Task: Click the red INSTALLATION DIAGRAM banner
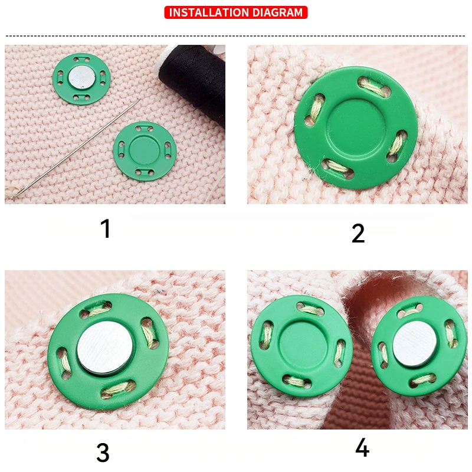(236, 12)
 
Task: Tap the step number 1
(106, 228)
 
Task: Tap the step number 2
(358, 234)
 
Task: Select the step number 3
(103, 453)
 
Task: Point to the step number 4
(362, 448)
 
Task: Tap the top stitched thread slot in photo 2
(376, 88)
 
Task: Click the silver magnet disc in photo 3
(106, 348)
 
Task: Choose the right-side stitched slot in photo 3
(147, 334)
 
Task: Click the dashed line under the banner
(236, 36)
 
